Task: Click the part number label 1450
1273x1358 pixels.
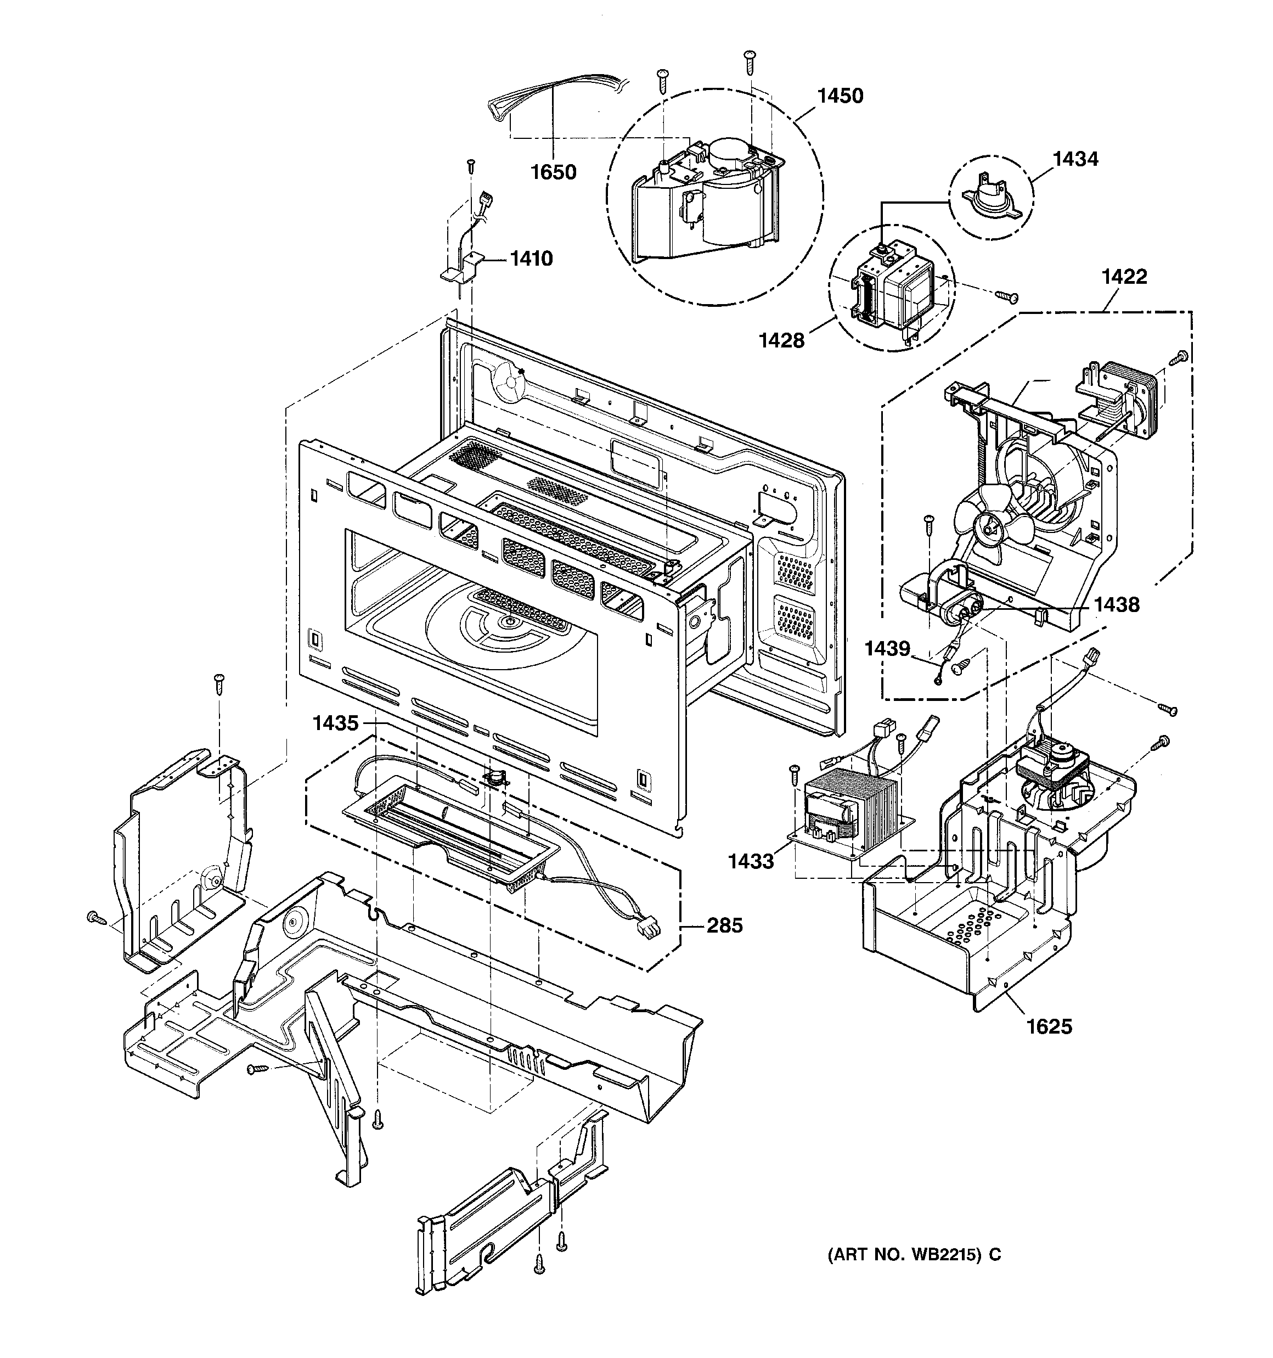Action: pos(841,96)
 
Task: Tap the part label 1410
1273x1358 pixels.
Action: pos(531,259)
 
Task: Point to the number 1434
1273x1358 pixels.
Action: pos(1075,159)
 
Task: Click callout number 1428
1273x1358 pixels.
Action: pos(782,340)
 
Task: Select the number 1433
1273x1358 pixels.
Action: pos(751,861)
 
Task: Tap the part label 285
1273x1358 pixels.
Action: pos(725,925)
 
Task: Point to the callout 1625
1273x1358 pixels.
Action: pos(1050,1026)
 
